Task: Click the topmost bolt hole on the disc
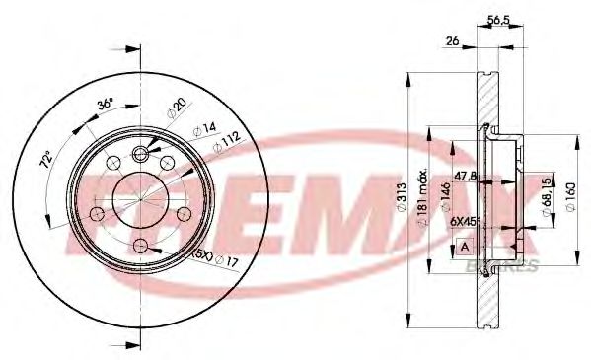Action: click(139, 155)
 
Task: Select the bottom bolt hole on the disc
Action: click(139, 245)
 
